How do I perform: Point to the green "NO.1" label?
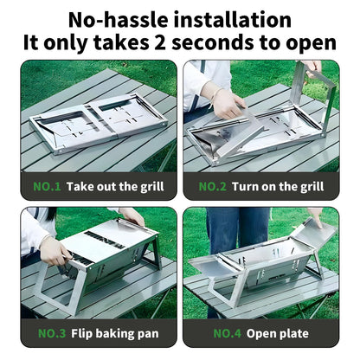[45, 186]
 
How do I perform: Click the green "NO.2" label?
[214, 186]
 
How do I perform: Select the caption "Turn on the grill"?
[278, 186]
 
